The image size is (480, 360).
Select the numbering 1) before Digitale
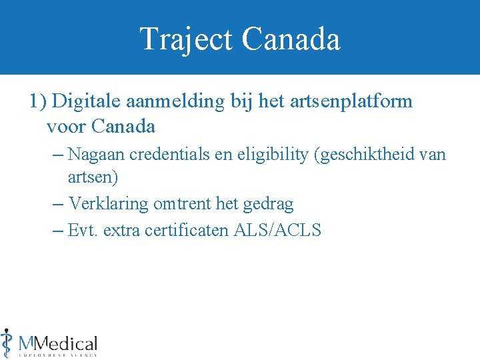[37, 101]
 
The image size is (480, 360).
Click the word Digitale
[85, 101]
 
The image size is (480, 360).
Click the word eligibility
[279, 155]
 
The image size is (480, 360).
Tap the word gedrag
[269, 203]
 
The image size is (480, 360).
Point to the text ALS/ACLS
[277, 231]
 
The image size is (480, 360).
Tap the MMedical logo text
[59, 344]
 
